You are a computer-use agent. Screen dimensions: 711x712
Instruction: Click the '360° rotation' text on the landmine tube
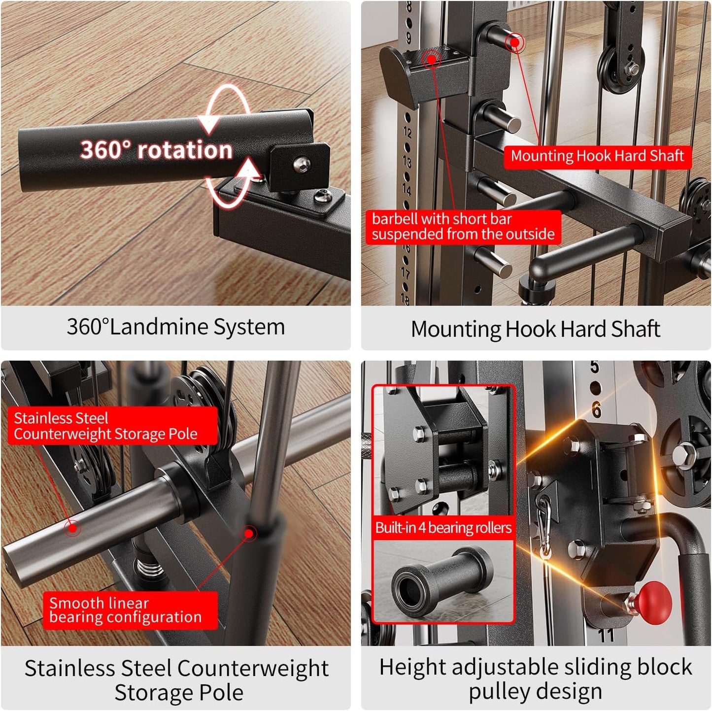[156, 150]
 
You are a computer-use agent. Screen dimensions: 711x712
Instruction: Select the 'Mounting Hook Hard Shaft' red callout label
[597, 157]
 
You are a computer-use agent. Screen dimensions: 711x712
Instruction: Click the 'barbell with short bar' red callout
[463, 227]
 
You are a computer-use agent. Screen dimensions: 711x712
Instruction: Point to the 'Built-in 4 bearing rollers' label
[443, 528]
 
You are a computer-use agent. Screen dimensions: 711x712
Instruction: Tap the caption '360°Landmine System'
[176, 327]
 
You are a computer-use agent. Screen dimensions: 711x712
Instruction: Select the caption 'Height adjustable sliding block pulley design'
[536, 678]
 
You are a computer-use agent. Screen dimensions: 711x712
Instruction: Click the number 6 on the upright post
[597, 409]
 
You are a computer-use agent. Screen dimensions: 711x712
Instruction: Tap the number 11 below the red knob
[607, 635]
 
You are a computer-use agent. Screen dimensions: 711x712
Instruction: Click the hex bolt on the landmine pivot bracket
[302, 164]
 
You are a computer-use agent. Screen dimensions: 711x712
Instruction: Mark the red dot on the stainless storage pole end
[73, 528]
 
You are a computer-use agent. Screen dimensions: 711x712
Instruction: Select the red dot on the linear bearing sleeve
[249, 533]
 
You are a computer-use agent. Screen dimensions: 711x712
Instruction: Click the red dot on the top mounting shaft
[514, 42]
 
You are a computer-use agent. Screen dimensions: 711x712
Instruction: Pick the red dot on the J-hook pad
[432, 59]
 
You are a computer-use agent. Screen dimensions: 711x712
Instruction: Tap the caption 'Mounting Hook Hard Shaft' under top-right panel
[536, 329]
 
